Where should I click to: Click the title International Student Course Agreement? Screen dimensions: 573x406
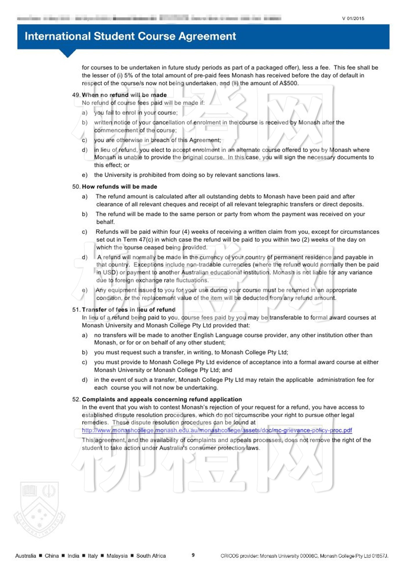tap(130, 36)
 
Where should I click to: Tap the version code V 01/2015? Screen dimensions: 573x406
tap(353, 19)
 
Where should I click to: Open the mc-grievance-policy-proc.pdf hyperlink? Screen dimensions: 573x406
tap(217, 430)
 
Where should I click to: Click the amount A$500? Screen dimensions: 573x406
tap(289, 83)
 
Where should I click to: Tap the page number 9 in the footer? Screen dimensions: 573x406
tap(193, 555)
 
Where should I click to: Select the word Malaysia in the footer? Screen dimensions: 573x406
tap(117, 556)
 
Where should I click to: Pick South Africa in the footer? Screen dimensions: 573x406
tap(151, 556)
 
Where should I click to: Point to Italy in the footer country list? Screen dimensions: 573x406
tap(93, 556)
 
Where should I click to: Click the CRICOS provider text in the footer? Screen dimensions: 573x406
tap(304, 556)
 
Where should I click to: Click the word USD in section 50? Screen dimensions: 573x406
tap(109, 272)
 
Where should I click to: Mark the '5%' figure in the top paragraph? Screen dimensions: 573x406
tap(129, 75)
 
